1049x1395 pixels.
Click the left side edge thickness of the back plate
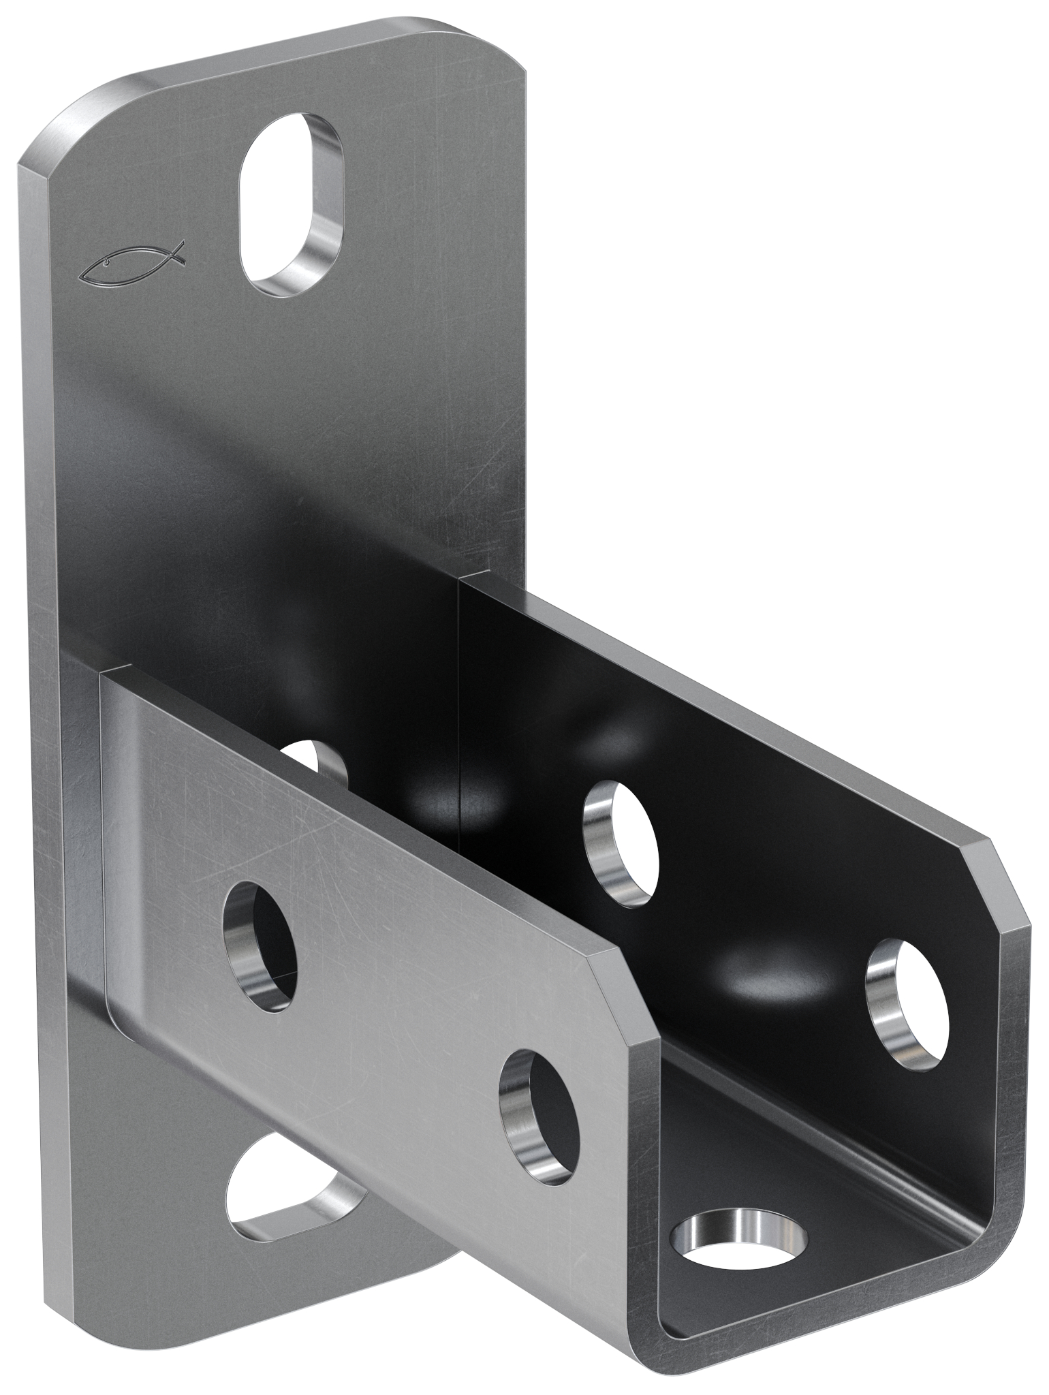point(41,681)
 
